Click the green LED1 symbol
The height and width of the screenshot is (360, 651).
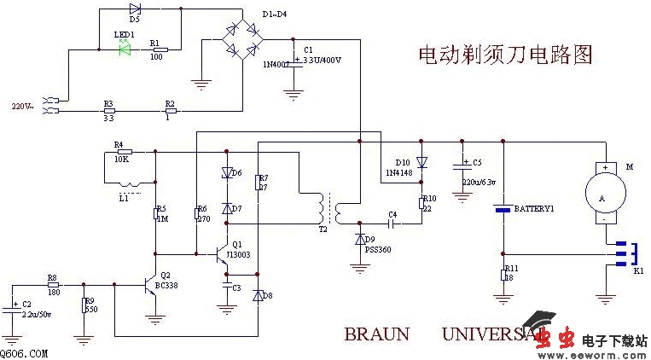pyautogui.click(x=125, y=49)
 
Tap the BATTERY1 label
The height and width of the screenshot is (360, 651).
pyautogui.click(x=535, y=208)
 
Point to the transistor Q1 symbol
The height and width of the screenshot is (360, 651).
pyautogui.click(x=223, y=253)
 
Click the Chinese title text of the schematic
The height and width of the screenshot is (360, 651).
pyautogui.click(x=504, y=56)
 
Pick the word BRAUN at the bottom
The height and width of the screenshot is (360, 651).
pyautogui.click(x=376, y=334)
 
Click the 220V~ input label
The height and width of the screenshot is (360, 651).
pyautogui.click(x=22, y=107)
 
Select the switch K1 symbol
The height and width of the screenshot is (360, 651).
pyautogui.click(x=627, y=253)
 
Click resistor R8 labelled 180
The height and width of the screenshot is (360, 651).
pyautogui.click(x=53, y=286)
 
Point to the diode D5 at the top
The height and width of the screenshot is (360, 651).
pyautogui.click(x=135, y=9)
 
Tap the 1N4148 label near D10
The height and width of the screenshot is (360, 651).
pyautogui.click(x=398, y=172)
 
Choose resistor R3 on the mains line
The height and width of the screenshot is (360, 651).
pyautogui.click(x=108, y=111)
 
